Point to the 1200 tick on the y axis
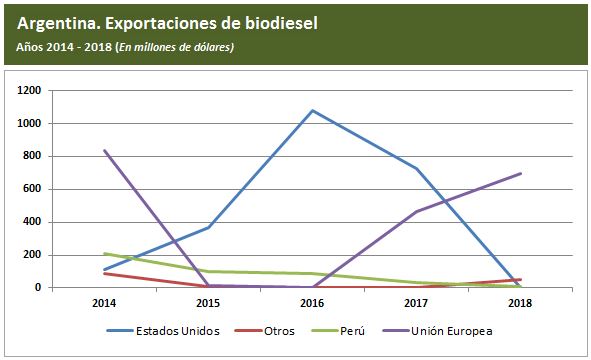point(29,91)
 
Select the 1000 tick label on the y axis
point(29,124)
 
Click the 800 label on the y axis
point(32,157)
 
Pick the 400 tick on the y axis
point(32,222)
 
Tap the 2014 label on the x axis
point(104,301)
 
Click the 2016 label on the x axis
point(312,301)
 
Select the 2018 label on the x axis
point(521,301)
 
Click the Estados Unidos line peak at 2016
point(312,110)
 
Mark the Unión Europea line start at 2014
point(104,151)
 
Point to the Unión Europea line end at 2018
point(521,173)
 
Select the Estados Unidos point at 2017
point(417,168)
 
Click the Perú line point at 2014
point(104,254)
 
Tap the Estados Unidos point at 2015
point(208,227)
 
